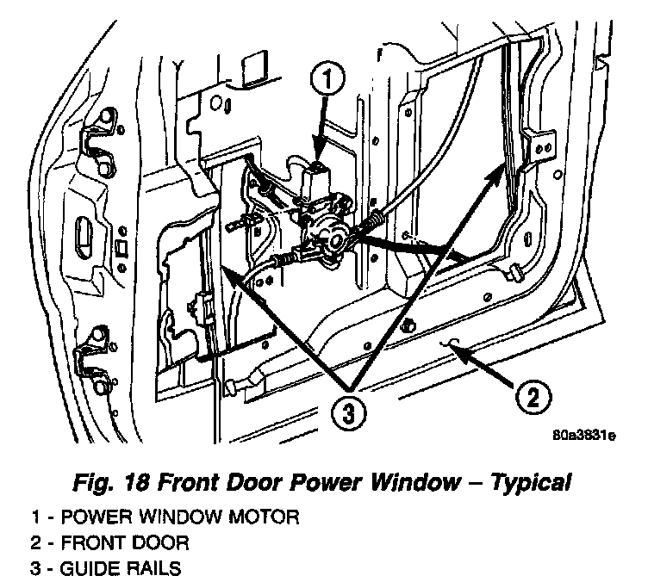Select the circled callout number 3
(346, 412)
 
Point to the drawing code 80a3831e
(585, 435)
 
